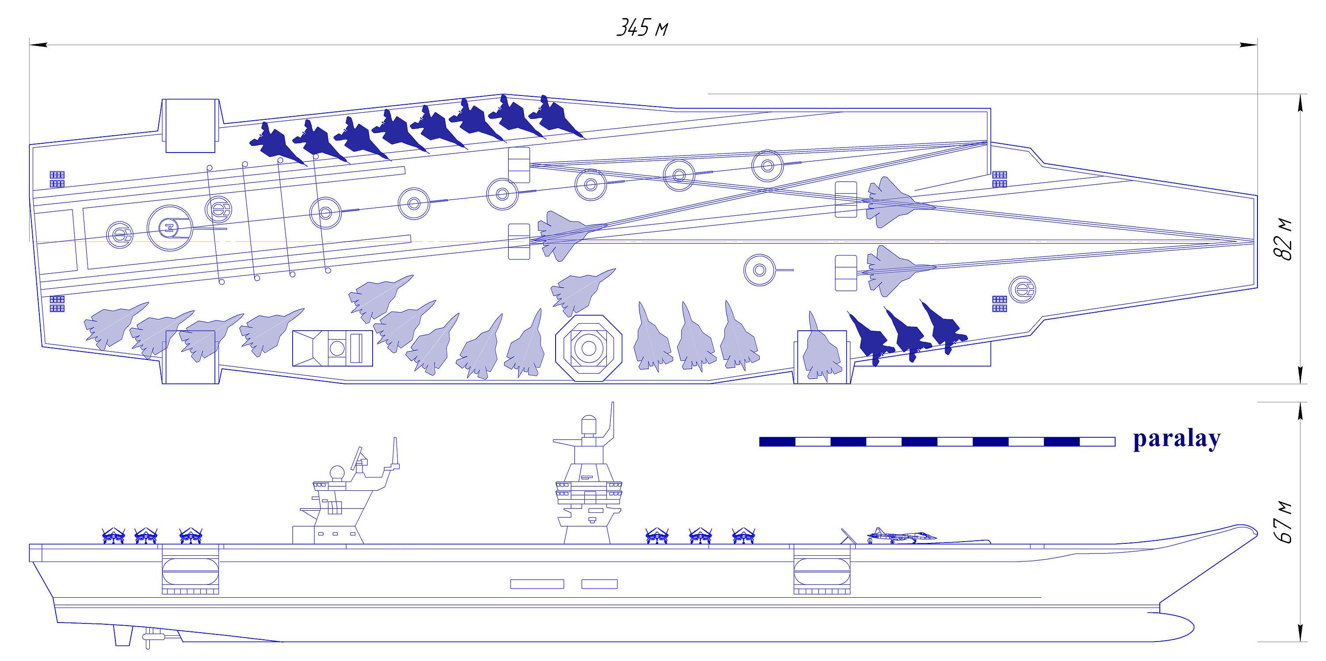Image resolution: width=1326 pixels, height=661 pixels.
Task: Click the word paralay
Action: click(1177, 439)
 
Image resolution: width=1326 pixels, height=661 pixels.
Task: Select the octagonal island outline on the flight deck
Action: click(588, 348)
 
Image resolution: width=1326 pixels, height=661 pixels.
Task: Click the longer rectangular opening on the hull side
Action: click(537, 584)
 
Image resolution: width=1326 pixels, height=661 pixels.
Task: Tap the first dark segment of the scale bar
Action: click(777, 441)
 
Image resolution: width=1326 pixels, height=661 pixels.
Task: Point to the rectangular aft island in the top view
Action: click(332, 348)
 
